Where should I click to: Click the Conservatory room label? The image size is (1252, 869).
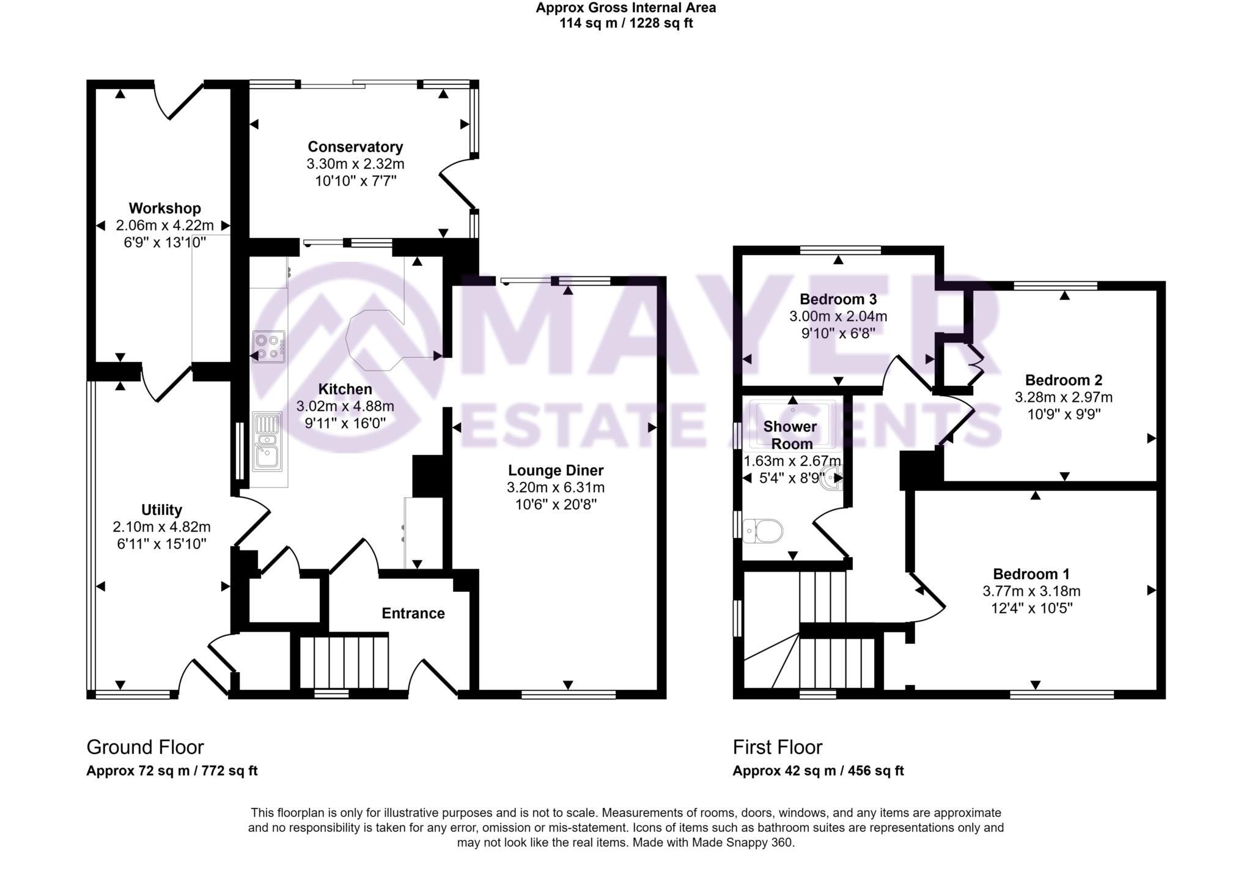[x=355, y=147]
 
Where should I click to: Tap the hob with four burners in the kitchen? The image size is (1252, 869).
[x=268, y=347]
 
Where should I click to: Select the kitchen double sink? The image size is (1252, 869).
[x=268, y=442]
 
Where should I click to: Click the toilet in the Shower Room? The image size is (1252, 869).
[x=764, y=531]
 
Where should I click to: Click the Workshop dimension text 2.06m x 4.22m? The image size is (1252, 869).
[x=164, y=226]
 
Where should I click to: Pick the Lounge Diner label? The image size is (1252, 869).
[x=556, y=470]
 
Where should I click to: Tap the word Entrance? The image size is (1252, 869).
[x=413, y=613]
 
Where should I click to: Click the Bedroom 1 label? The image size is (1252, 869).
[x=1031, y=574]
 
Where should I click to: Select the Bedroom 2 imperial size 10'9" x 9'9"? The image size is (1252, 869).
[x=1063, y=414]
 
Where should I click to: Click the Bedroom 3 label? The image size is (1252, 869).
[x=838, y=300]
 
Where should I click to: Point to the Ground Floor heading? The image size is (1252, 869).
[x=145, y=747]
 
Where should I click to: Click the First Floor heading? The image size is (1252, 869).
[x=777, y=747]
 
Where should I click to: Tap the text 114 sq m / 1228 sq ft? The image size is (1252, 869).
[x=625, y=24]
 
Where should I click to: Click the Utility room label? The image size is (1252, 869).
[x=161, y=510]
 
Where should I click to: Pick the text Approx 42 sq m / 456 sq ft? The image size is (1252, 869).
[x=817, y=771]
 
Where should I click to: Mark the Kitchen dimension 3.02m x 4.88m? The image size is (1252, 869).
[x=345, y=406]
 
